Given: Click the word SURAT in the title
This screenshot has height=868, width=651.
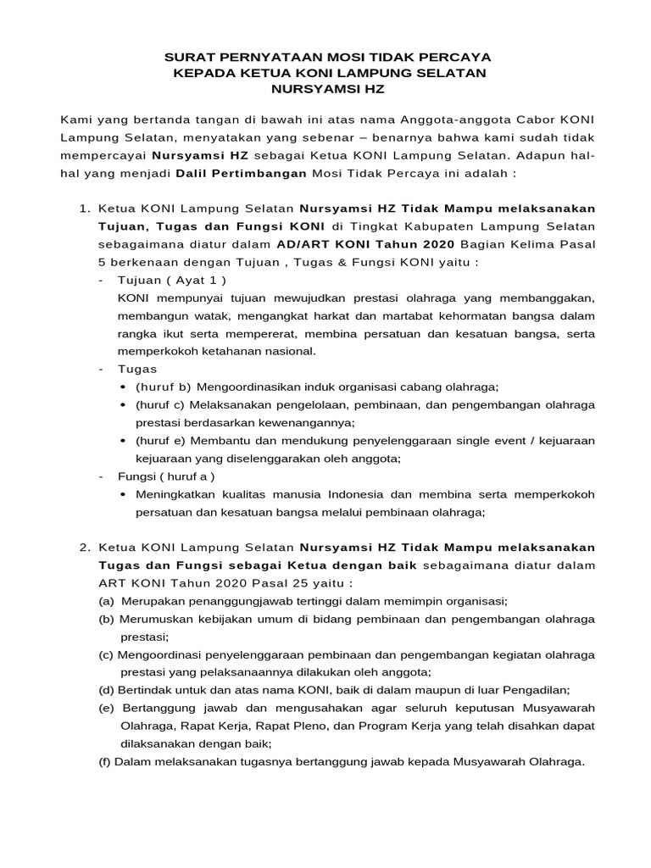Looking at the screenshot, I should click(189, 58).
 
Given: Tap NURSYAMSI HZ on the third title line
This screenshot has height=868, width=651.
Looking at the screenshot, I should click(325, 88).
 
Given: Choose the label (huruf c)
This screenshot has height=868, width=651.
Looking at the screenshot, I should click(160, 404).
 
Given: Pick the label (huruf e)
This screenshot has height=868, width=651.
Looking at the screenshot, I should click(160, 441).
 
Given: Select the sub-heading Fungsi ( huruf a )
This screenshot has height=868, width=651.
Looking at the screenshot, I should click(166, 476).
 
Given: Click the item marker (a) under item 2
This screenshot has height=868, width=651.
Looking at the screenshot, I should click(107, 601).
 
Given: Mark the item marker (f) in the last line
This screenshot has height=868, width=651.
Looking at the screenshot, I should click(105, 761).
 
